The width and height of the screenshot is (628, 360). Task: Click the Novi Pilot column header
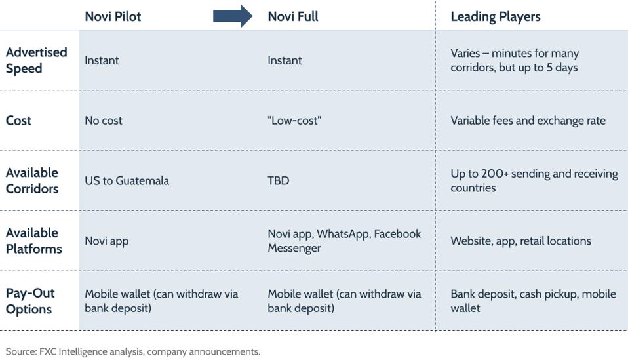click(113, 16)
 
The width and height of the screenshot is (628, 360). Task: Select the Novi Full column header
click(293, 16)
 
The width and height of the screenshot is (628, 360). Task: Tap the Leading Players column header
click(496, 17)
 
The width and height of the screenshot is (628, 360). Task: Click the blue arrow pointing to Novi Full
click(233, 16)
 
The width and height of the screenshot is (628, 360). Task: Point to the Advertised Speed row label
click(37, 60)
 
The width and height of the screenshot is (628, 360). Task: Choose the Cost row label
click(18, 121)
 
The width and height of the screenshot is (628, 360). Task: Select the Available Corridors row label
click(32, 180)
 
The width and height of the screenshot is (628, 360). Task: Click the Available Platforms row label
click(33, 241)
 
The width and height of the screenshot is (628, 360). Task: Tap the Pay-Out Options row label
click(30, 301)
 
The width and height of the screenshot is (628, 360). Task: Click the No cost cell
click(104, 121)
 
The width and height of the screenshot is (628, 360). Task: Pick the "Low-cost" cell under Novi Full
click(294, 121)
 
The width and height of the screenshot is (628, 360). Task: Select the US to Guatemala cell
click(127, 180)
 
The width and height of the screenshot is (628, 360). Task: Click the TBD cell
click(279, 180)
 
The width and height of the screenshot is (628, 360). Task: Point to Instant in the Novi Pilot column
click(102, 60)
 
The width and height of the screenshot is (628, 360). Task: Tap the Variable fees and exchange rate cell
click(528, 121)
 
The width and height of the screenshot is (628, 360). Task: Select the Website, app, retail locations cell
click(520, 241)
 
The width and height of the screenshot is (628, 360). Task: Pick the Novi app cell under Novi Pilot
click(107, 241)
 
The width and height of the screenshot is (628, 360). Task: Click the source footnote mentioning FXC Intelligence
click(133, 352)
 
